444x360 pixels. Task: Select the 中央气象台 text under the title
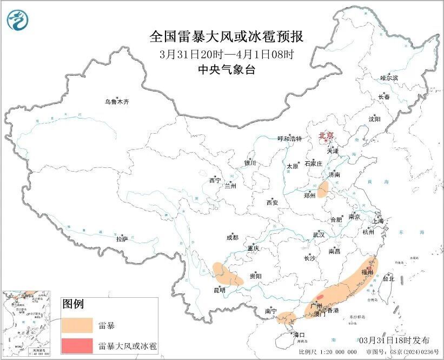(226, 69)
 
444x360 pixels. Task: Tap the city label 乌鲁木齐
(117, 102)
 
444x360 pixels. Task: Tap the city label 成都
(232, 237)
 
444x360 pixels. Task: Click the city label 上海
(377, 221)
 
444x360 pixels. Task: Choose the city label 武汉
(319, 235)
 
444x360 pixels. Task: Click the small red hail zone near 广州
(320, 297)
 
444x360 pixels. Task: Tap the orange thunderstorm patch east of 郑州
(323, 189)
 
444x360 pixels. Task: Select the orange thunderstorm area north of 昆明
(227, 274)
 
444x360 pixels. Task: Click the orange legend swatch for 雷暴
(77, 325)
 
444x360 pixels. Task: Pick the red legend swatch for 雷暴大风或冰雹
(77, 345)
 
